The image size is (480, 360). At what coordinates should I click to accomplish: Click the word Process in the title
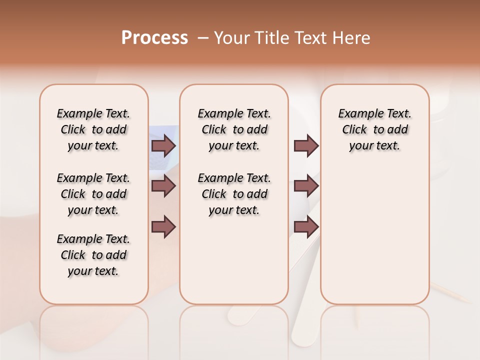pos(154,38)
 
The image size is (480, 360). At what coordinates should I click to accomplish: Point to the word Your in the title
pos(232,38)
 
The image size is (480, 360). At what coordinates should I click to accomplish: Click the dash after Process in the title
pos(202,38)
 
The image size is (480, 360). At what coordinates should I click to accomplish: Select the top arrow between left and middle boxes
pos(163,145)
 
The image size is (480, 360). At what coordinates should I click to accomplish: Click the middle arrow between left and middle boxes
pos(163,186)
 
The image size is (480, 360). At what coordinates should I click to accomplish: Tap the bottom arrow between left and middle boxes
pos(163,226)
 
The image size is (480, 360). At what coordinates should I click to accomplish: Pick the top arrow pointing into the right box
pos(306,145)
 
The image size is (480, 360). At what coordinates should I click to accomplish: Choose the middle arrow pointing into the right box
pos(306,186)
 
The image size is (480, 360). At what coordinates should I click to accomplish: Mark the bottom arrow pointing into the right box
pos(306,226)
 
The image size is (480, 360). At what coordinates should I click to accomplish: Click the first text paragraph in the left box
pos(93,129)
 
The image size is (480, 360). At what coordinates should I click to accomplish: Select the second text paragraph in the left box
pos(93,194)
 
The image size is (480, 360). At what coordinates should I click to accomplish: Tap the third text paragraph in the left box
pos(93,255)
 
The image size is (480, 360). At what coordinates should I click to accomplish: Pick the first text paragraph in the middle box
pos(234,129)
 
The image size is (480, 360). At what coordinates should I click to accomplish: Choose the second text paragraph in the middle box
pos(234,194)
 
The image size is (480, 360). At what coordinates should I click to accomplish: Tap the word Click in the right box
pos(354,130)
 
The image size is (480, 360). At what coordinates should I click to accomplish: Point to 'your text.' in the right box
pos(374,146)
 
